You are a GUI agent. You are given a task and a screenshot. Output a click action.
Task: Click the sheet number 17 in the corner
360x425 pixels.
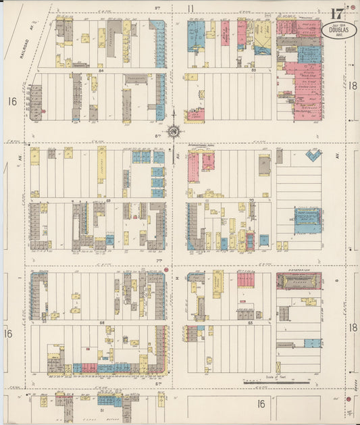click(336, 14)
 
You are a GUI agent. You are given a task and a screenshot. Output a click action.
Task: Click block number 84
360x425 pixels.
click(101, 70)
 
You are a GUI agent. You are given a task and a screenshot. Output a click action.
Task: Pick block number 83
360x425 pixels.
click(234, 70)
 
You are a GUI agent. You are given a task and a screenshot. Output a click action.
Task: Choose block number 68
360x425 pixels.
click(102, 323)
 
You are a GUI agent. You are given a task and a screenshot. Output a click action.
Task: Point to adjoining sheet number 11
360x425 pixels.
click(191, 8)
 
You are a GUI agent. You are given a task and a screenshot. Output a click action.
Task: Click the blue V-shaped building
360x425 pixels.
click(313, 155)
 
